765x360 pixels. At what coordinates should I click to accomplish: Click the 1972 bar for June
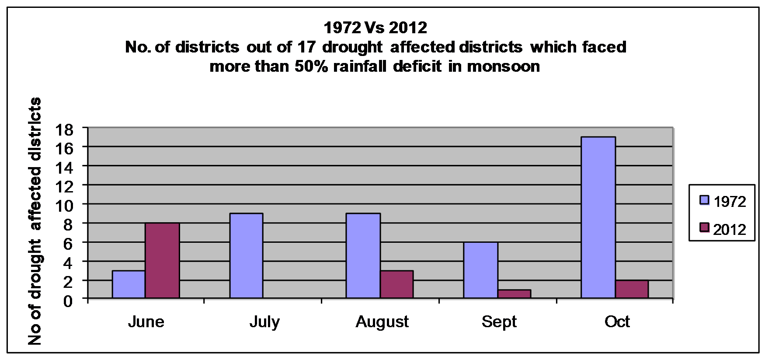129,284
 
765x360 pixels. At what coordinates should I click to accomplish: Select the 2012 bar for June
162,261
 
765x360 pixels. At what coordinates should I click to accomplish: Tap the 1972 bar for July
246,256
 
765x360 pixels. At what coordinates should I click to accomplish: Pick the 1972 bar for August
363,256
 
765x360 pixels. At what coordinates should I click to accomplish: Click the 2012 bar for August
396,284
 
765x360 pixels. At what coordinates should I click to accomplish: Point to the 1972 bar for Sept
480,270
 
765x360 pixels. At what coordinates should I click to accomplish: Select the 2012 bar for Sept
514,294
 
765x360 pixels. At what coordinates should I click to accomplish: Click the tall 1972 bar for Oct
598,218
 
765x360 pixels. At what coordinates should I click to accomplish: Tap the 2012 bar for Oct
632,289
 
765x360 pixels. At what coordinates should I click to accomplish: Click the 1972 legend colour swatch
704,200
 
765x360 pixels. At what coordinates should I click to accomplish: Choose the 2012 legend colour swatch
704,228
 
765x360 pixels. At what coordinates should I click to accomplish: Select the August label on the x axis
382,322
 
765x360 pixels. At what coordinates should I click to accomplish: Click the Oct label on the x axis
617,322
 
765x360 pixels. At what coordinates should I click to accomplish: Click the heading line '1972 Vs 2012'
375,28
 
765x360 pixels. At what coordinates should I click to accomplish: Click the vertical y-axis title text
35,221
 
